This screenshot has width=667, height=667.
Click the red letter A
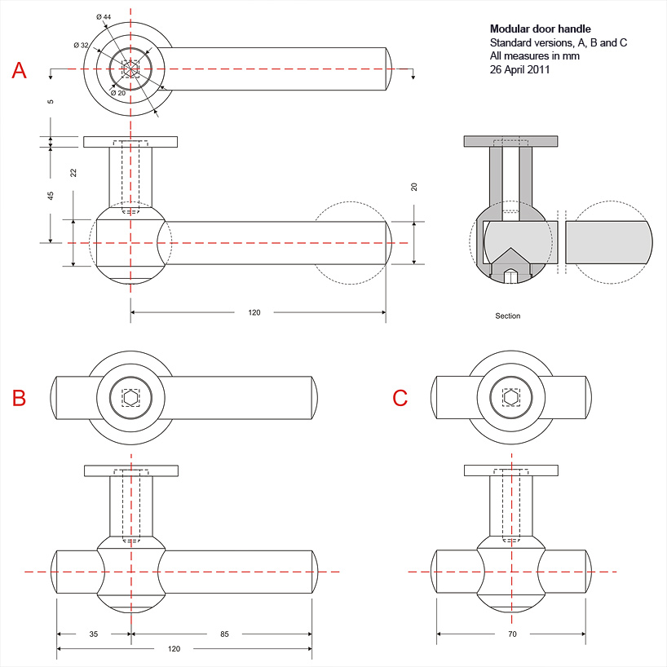click(20, 71)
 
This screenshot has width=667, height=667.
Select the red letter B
click(20, 398)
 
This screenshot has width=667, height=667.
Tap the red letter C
click(400, 398)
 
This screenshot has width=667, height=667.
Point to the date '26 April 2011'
click(520, 70)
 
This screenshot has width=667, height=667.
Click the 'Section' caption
click(507, 316)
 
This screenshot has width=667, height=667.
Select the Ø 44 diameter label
click(104, 17)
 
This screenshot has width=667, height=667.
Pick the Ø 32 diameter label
click(81, 45)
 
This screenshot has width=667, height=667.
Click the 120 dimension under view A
click(254, 312)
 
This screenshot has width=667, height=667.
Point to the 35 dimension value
click(94, 634)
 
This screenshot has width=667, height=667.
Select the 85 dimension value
click(224, 634)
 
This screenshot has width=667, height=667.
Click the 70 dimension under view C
click(512, 634)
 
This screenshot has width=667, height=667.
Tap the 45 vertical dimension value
click(51, 196)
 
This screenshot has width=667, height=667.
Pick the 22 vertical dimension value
click(73, 172)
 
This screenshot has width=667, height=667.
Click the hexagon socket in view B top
click(131, 398)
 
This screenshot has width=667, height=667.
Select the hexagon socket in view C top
click(511, 398)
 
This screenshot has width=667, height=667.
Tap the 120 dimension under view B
click(174, 649)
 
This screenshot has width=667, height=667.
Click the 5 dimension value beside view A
click(51, 102)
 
